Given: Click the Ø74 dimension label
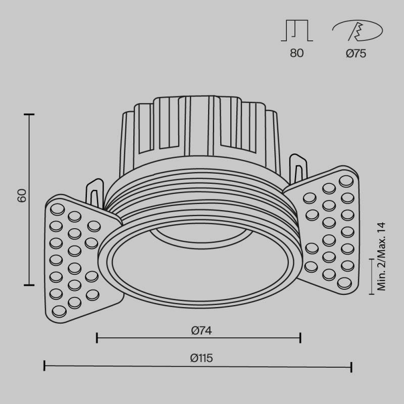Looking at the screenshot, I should click(x=201, y=331).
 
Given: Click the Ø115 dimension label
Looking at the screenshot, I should click(x=201, y=358).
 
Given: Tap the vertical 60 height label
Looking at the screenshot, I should click(x=21, y=196).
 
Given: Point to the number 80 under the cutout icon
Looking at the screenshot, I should click(x=297, y=54).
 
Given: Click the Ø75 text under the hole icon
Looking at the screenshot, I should click(x=356, y=54).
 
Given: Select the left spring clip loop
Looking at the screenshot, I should click(x=94, y=192).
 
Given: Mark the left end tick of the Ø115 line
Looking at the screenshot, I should click(x=45, y=366).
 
